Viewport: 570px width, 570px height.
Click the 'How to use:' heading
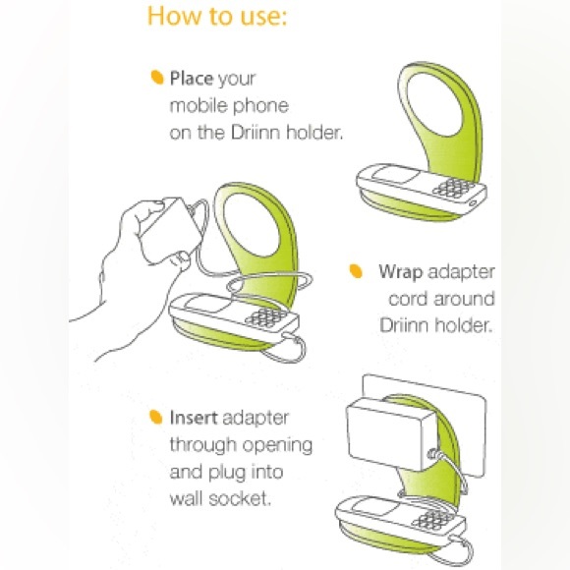pyautogui.click(x=217, y=17)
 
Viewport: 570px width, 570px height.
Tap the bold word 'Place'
pyautogui.click(x=192, y=79)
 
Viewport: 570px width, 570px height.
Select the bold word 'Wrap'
pyautogui.click(x=401, y=272)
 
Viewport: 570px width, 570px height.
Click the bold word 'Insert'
pyautogui.click(x=194, y=418)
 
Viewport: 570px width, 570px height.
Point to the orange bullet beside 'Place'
pyautogui.click(x=157, y=77)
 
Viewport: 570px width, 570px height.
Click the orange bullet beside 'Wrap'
pyautogui.click(x=356, y=271)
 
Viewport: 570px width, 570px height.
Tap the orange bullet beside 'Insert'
pyautogui.click(x=156, y=417)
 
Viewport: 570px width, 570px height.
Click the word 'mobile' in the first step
pyautogui.click(x=199, y=106)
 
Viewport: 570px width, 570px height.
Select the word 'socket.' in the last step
pyautogui.click(x=241, y=498)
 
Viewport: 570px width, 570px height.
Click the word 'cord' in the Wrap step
pyautogui.click(x=408, y=299)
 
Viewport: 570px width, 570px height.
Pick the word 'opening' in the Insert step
pyautogui.click(x=277, y=445)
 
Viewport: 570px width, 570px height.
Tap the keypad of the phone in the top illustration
pyautogui.click(x=454, y=188)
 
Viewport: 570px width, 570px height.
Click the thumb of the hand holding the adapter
pyautogui.click(x=181, y=258)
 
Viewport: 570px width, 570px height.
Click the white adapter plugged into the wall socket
pyautogui.click(x=392, y=433)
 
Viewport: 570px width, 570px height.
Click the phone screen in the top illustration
pyautogui.click(x=395, y=176)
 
